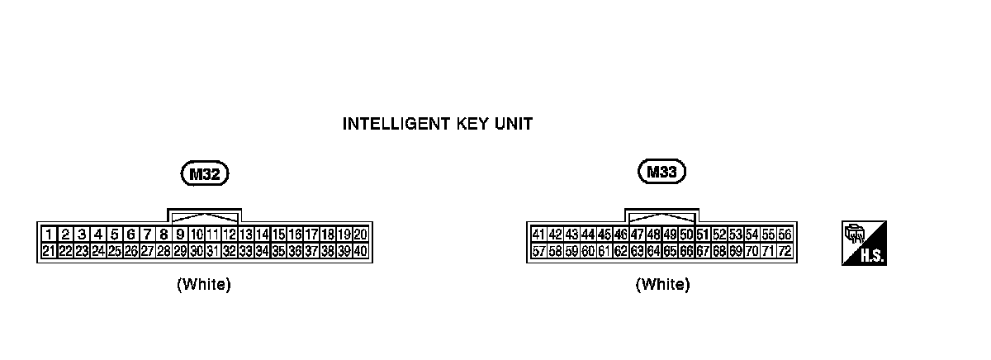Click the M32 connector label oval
[x=204, y=174]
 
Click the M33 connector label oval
[x=662, y=173]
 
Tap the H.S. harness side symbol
[x=864, y=244]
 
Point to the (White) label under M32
[x=203, y=285]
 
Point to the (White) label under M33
[x=662, y=285]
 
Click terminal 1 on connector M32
[x=50, y=234]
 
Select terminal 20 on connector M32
[x=361, y=234]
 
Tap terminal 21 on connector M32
[x=50, y=251]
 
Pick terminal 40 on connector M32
[x=361, y=251]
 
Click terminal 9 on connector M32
[x=180, y=234]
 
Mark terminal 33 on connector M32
[x=246, y=251]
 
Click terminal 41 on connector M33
[x=538, y=234]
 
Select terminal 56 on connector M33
[x=785, y=234]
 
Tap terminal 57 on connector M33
[x=538, y=251]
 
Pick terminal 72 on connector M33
[x=785, y=251]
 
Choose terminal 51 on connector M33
[x=703, y=234]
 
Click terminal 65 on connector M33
[x=670, y=251]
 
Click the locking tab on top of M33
[x=662, y=216]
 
